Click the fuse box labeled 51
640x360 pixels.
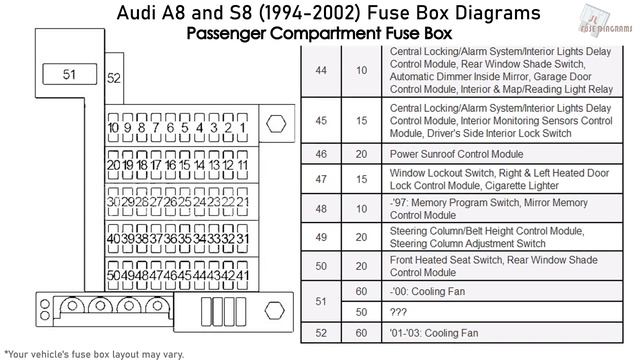68,74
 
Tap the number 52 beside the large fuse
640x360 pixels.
114,78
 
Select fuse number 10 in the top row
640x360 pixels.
114,129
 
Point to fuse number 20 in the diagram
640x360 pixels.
114,165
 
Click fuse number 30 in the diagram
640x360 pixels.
114,201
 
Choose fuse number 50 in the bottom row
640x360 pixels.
114,274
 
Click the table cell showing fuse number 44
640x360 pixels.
320,71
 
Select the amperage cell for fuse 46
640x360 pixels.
362,155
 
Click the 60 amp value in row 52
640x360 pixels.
362,333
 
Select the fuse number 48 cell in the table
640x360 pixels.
320,208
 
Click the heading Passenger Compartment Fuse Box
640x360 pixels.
319,33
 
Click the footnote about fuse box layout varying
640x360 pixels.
96,353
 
